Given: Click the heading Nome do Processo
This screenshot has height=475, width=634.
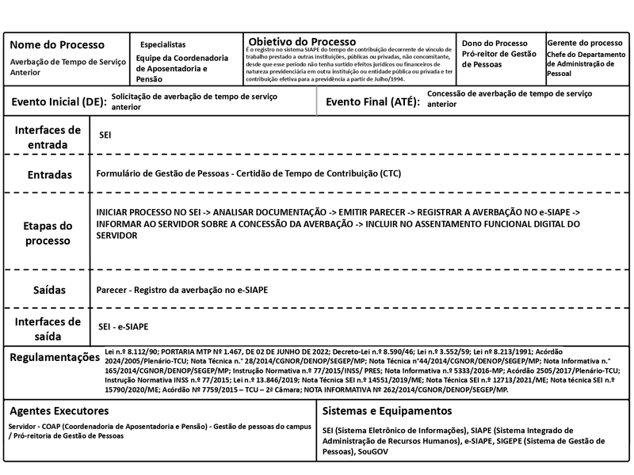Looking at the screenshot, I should click(56, 44).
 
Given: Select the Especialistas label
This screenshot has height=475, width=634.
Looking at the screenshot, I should click(162, 44).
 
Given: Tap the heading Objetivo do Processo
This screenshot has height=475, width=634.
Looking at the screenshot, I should click(302, 40).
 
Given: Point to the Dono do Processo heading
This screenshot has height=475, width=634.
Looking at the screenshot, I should click(495, 43).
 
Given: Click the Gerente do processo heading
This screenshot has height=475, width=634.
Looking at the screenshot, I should click(585, 42).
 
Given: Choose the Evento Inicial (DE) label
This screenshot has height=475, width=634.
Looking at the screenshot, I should click(58, 102).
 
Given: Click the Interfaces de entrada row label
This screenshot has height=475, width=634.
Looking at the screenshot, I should click(48, 137).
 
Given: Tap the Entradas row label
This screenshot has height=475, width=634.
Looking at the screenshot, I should click(50, 174).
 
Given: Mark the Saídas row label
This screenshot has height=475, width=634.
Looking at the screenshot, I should click(48, 290).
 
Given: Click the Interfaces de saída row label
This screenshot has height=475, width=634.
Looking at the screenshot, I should click(48, 328).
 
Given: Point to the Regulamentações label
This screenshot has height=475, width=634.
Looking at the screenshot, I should click(55, 358).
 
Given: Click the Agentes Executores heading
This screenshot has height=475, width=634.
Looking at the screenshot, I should click(59, 411).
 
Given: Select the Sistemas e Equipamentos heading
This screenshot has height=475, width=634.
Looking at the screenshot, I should click(388, 411).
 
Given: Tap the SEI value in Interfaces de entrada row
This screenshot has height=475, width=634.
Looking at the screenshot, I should click(105, 135).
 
